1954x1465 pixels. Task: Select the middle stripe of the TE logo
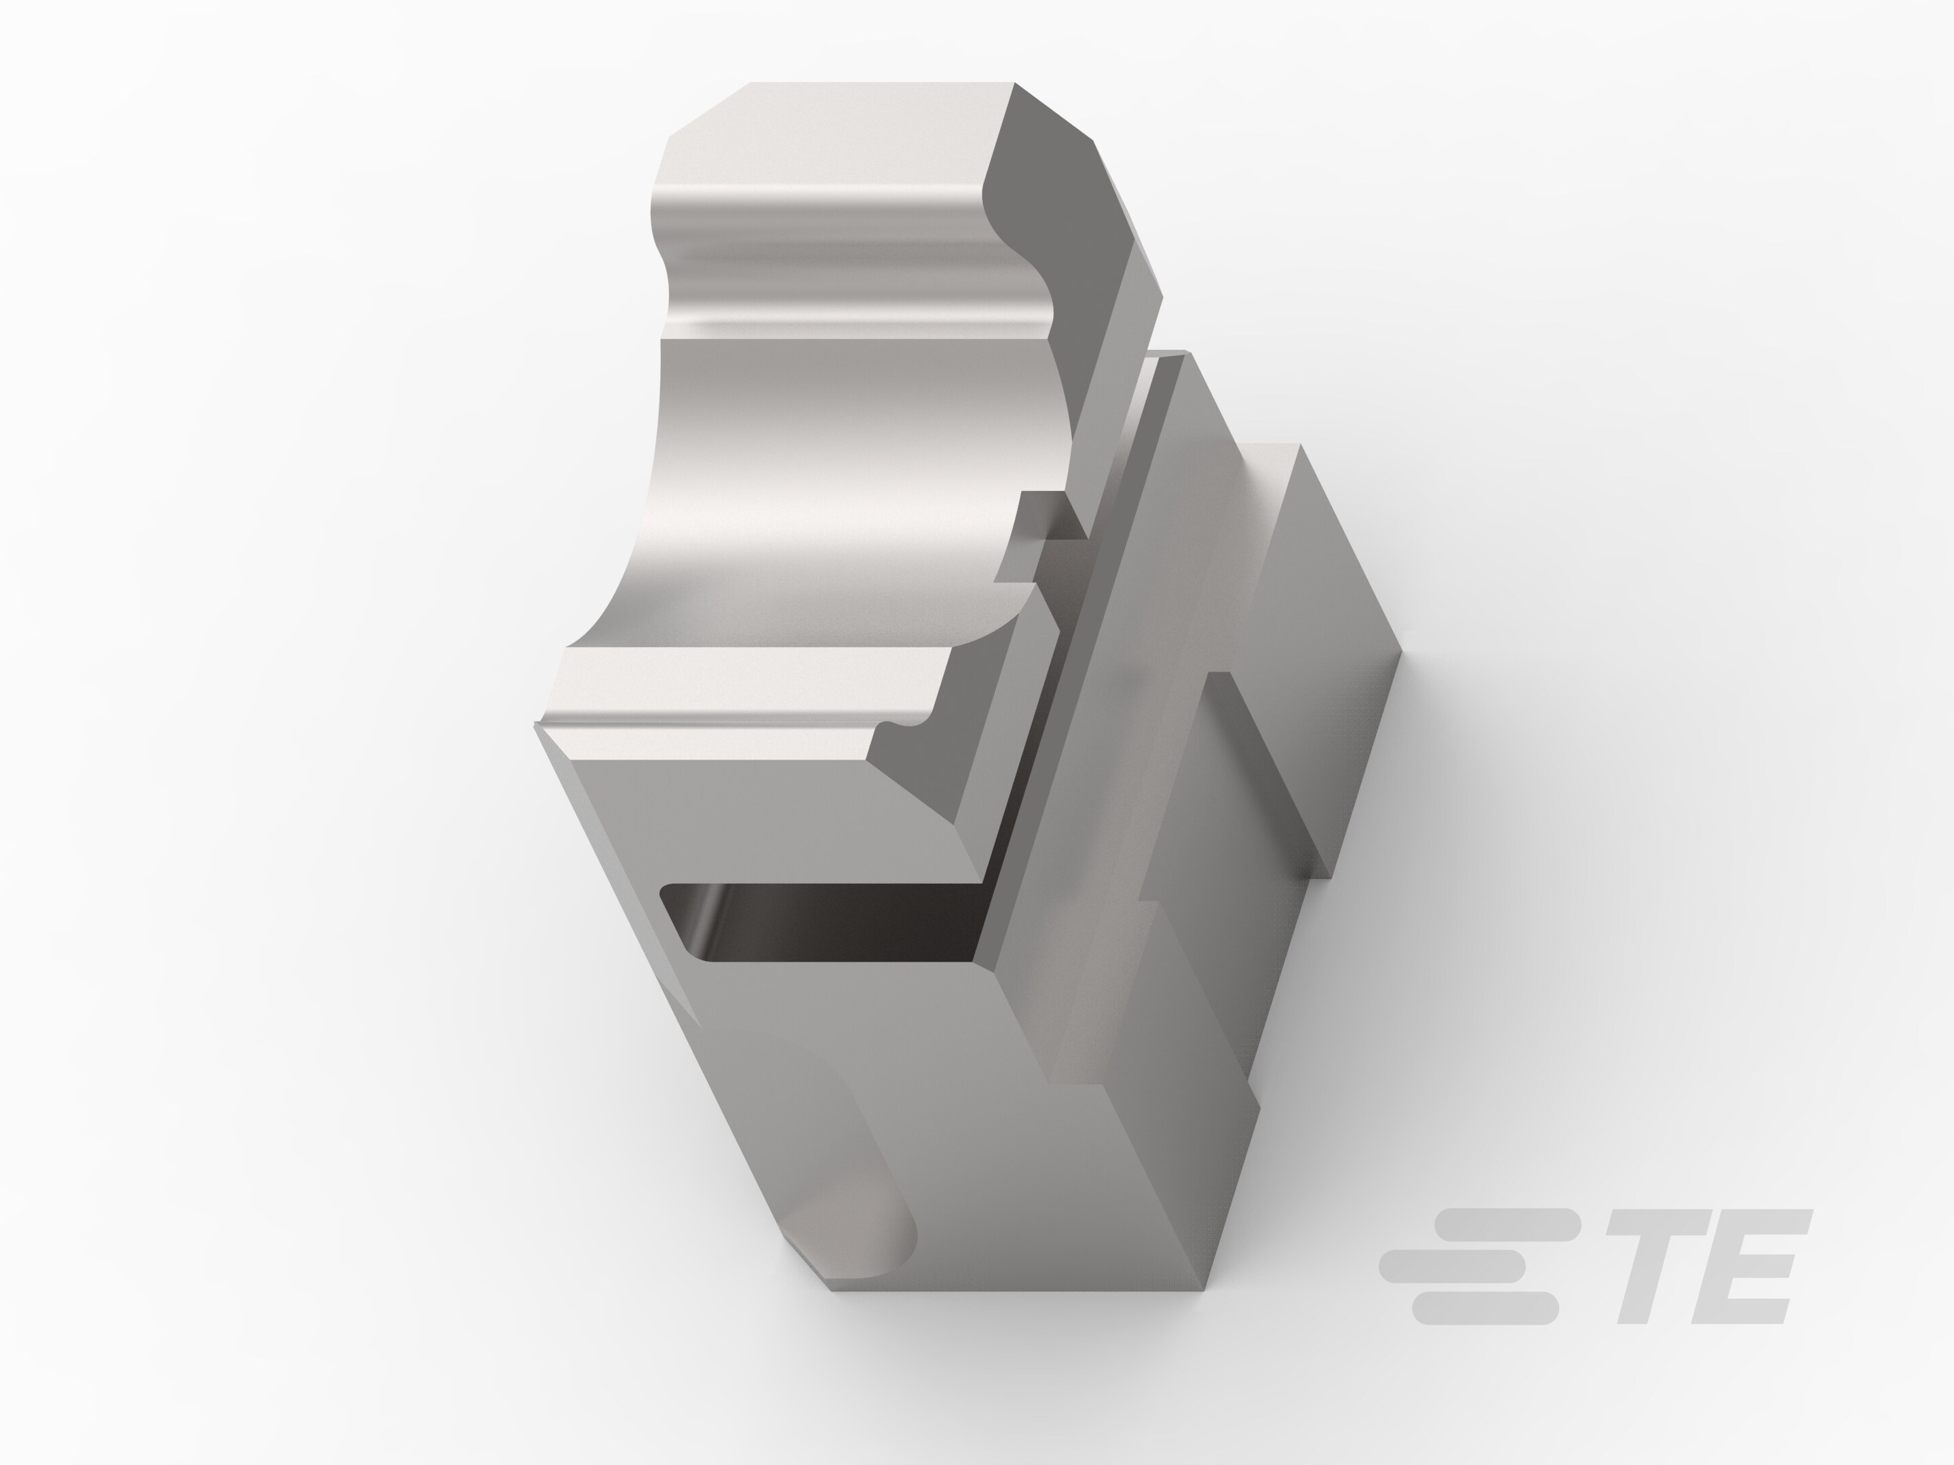[1453, 1266]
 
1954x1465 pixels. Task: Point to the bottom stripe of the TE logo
[1484, 1308]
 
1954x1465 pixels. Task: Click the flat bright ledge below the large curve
[751, 684]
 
